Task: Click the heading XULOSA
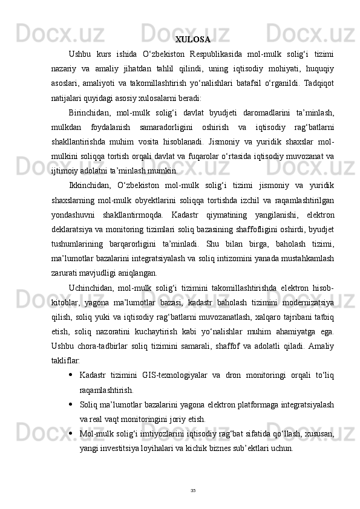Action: click(x=193, y=40)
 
